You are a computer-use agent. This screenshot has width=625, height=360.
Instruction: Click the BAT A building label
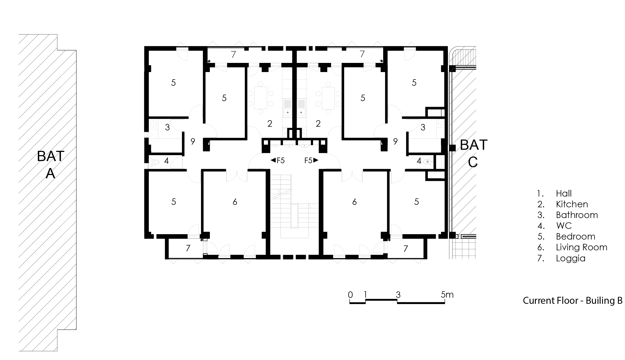(x=51, y=165)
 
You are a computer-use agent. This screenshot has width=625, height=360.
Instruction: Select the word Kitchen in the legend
(x=572, y=204)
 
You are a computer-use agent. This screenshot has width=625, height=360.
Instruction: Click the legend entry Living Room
(x=581, y=247)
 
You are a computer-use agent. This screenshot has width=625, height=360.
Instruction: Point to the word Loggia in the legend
(x=570, y=258)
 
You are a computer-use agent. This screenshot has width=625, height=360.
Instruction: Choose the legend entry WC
(x=564, y=226)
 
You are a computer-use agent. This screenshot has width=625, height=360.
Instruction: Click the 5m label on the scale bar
(x=447, y=295)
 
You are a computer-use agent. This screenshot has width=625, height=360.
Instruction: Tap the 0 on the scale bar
(x=350, y=295)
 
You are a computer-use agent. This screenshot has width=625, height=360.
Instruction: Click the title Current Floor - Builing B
(x=573, y=300)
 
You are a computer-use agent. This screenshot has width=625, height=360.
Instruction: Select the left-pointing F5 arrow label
(x=278, y=161)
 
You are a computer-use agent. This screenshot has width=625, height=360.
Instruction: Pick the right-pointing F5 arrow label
(x=311, y=161)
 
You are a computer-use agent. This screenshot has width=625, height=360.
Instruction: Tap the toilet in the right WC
(x=428, y=162)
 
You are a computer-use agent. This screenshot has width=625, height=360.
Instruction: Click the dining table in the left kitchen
(x=260, y=98)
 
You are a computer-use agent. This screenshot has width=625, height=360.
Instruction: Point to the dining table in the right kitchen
(x=328, y=98)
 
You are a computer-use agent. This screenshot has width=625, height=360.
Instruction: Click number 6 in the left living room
(x=235, y=202)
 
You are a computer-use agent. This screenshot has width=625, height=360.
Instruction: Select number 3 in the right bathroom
(x=423, y=127)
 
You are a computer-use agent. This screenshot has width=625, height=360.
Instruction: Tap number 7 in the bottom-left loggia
(x=188, y=248)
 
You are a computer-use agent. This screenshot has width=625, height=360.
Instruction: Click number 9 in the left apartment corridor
(x=193, y=142)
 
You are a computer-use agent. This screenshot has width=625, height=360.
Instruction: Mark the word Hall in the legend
(x=564, y=194)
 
